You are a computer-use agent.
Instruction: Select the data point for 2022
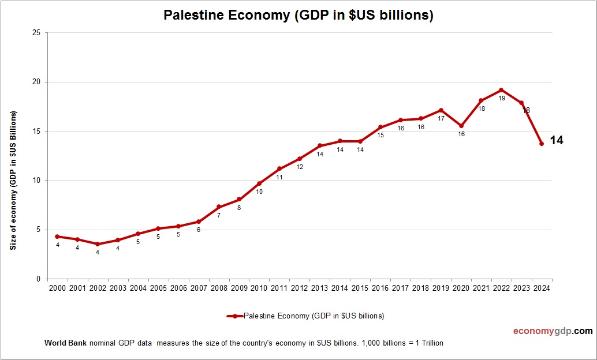tap(501, 90)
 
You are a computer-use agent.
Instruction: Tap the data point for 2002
tap(98, 244)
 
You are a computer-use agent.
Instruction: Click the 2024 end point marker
tap(542, 144)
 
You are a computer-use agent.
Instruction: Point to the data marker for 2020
tap(461, 126)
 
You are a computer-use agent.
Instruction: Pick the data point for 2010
tap(259, 183)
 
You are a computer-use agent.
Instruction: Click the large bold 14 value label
tap(557, 140)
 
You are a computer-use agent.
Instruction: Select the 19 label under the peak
tap(502, 99)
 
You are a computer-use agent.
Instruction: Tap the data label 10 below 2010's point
tap(259, 192)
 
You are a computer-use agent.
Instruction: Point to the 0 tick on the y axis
tap(38, 279)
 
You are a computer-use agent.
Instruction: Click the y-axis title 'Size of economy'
tap(13, 179)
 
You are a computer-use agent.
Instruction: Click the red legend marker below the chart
tap(236, 316)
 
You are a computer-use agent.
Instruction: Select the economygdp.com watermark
tap(553, 331)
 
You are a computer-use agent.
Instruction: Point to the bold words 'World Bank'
tap(65, 343)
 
